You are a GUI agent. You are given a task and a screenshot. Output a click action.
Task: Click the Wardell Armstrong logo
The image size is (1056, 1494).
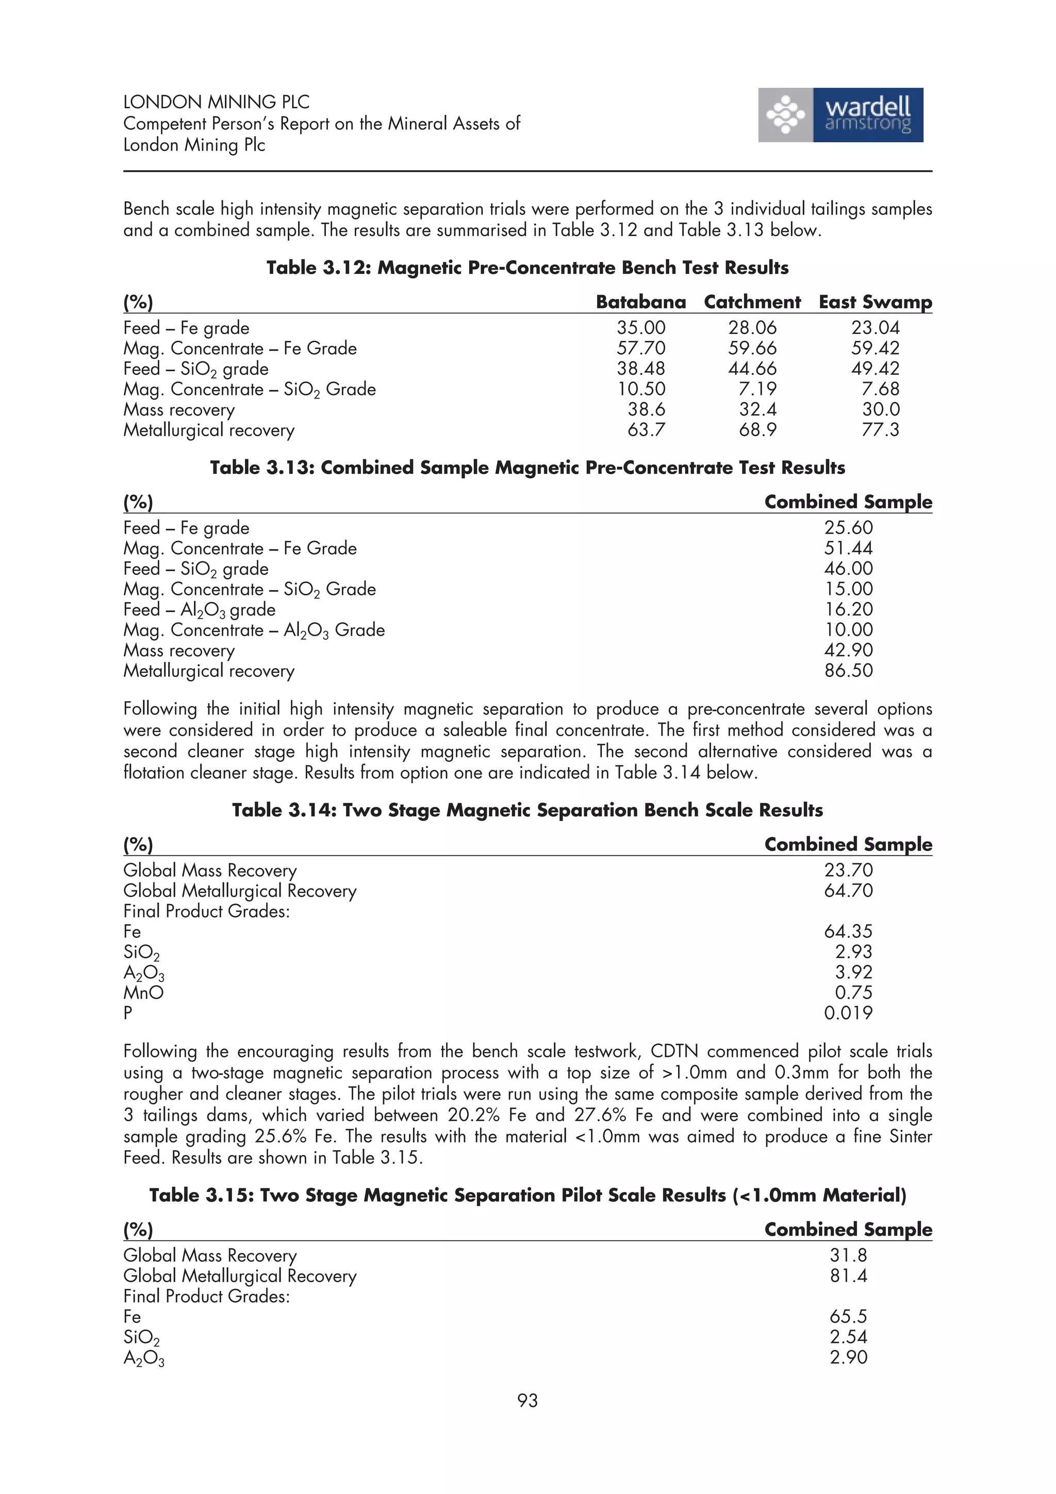pyautogui.click(x=840, y=115)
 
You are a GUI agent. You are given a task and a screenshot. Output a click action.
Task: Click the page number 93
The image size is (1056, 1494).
pyautogui.click(x=527, y=1400)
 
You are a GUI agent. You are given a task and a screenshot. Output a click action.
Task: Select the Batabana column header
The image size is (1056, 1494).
pyautogui.click(x=640, y=302)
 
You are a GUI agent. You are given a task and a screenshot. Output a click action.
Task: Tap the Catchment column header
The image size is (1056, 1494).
pyautogui.click(x=752, y=302)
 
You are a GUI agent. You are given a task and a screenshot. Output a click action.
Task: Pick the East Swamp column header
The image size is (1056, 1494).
pyautogui.click(x=874, y=302)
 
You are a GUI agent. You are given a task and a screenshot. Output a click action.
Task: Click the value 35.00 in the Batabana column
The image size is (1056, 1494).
pyautogui.click(x=641, y=327)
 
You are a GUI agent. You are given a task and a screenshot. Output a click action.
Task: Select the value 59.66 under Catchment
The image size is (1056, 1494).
pyautogui.click(x=752, y=348)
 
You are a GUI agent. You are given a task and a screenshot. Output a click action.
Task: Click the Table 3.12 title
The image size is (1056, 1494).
pyautogui.click(x=527, y=268)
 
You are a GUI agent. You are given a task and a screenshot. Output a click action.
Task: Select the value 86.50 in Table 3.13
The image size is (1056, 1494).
pyautogui.click(x=848, y=670)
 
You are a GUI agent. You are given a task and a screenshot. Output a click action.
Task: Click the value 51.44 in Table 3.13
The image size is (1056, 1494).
pyautogui.click(x=848, y=548)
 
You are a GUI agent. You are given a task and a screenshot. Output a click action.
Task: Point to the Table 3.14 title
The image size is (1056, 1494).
pyautogui.click(x=527, y=809)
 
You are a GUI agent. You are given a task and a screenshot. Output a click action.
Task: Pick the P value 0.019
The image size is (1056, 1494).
pyautogui.click(x=848, y=1012)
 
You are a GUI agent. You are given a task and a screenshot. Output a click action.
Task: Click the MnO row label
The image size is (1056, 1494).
pyautogui.click(x=143, y=992)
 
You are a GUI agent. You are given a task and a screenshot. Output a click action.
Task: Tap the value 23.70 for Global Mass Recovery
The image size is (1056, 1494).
pyautogui.click(x=848, y=870)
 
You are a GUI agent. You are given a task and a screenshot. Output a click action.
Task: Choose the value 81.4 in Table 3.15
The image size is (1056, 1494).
pyautogui.click(x=848, y=1275)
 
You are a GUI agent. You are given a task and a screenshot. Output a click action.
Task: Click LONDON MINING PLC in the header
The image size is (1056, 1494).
pyautogui.click(x=216, y=102)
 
